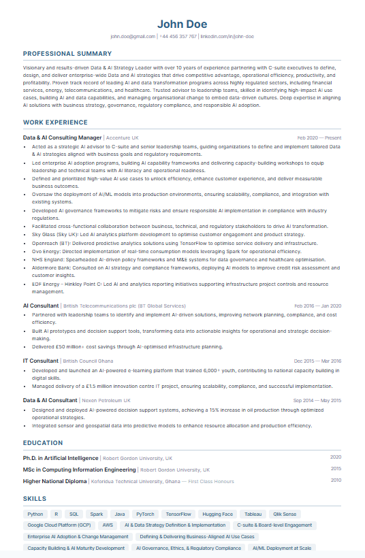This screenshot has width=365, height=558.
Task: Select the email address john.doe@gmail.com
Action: pos(133,36)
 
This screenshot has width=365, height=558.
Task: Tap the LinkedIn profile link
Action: pos(227,36)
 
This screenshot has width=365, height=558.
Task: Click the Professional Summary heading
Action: pos(67,54)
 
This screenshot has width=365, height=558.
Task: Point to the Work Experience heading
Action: pos(55,122)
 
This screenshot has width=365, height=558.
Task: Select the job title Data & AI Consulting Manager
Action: pos(62,137)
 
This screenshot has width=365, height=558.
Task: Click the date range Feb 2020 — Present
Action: pos(319,137)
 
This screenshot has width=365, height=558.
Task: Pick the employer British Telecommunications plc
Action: pos(124,306)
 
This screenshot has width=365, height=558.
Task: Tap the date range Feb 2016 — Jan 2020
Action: pos(318,306)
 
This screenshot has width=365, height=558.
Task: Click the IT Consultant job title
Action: pos(41,361)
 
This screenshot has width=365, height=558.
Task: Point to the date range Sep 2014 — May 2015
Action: pos(317,401)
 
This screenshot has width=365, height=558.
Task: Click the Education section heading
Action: pos(43,443)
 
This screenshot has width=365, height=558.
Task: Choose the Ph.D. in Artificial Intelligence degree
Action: pos(61,458)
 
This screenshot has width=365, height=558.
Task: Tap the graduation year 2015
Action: pos(336,469)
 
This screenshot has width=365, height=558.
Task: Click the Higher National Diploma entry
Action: pos(55,481)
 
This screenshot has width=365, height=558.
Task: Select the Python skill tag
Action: pos(35,514)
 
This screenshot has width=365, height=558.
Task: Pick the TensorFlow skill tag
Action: pos(178,514)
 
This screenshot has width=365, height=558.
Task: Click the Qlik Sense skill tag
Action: pos(285,514)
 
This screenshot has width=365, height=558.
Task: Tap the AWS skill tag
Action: pos(108,525)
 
